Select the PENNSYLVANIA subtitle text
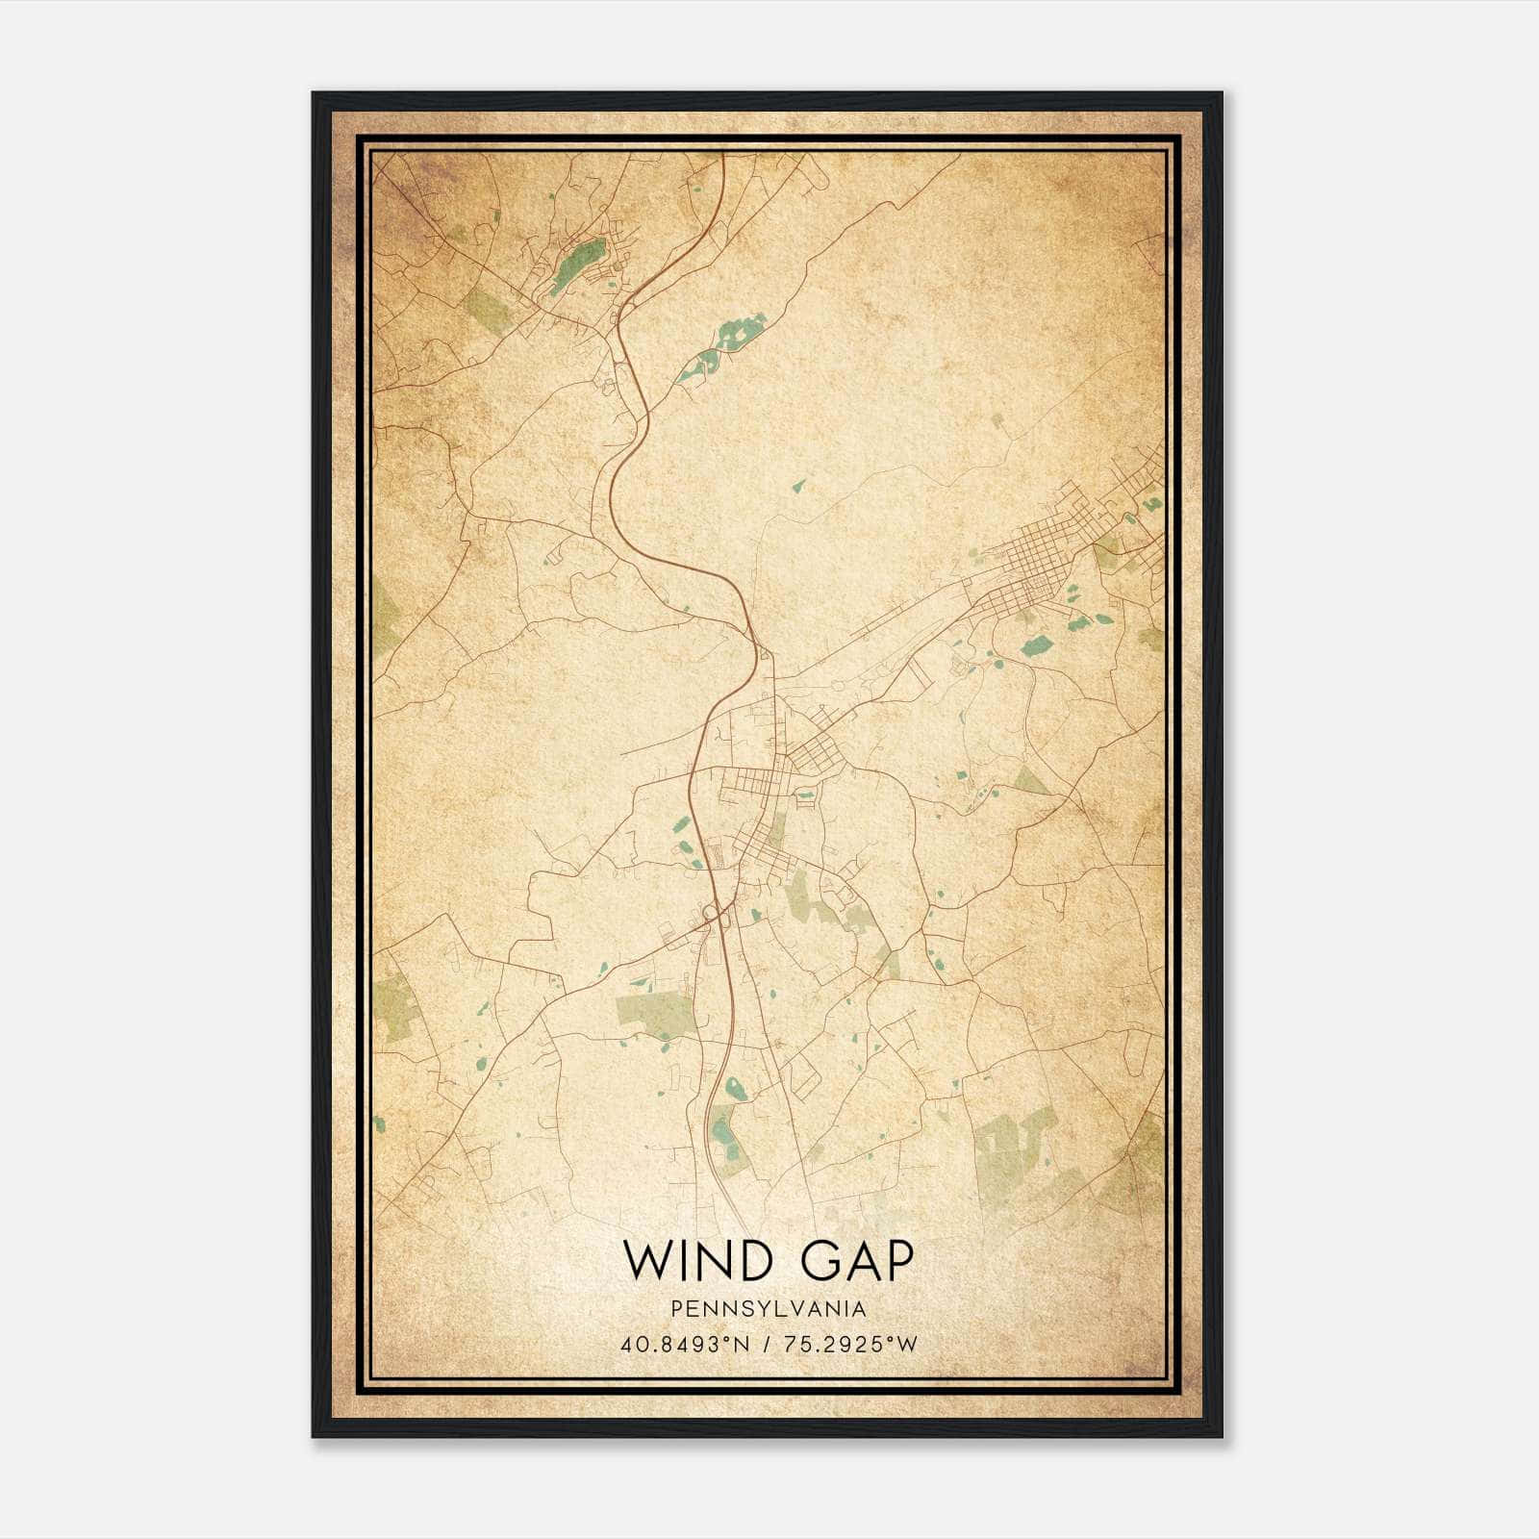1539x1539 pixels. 769,1309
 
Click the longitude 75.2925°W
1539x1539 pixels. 852,1345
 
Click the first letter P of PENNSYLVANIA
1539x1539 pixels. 678,1309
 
